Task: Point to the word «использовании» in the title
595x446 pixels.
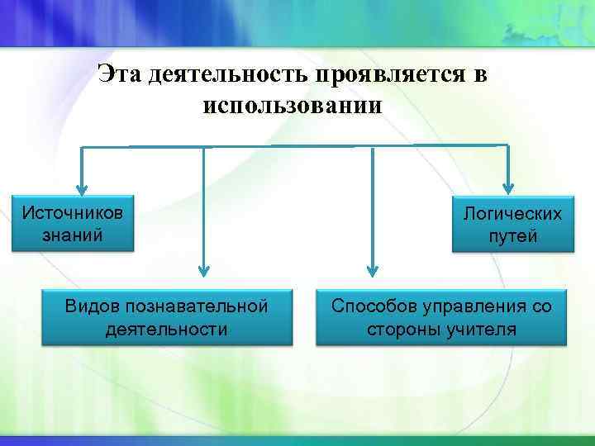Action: (292, 106)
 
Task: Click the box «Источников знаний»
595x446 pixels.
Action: (74, 224)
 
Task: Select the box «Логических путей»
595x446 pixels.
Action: (512, 225)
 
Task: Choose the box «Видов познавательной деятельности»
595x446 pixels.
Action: (167, 317)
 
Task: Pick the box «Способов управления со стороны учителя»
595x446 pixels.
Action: (441, 317)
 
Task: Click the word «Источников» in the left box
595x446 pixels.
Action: (74, 212)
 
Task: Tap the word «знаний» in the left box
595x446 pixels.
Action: (74, 235)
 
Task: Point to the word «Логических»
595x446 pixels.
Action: (512, 214)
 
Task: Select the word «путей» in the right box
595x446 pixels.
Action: (512, 236)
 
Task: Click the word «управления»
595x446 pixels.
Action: (469, 306)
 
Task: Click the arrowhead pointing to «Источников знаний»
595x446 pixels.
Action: (81, 187)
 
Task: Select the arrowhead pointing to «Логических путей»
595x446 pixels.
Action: (508, 187)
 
